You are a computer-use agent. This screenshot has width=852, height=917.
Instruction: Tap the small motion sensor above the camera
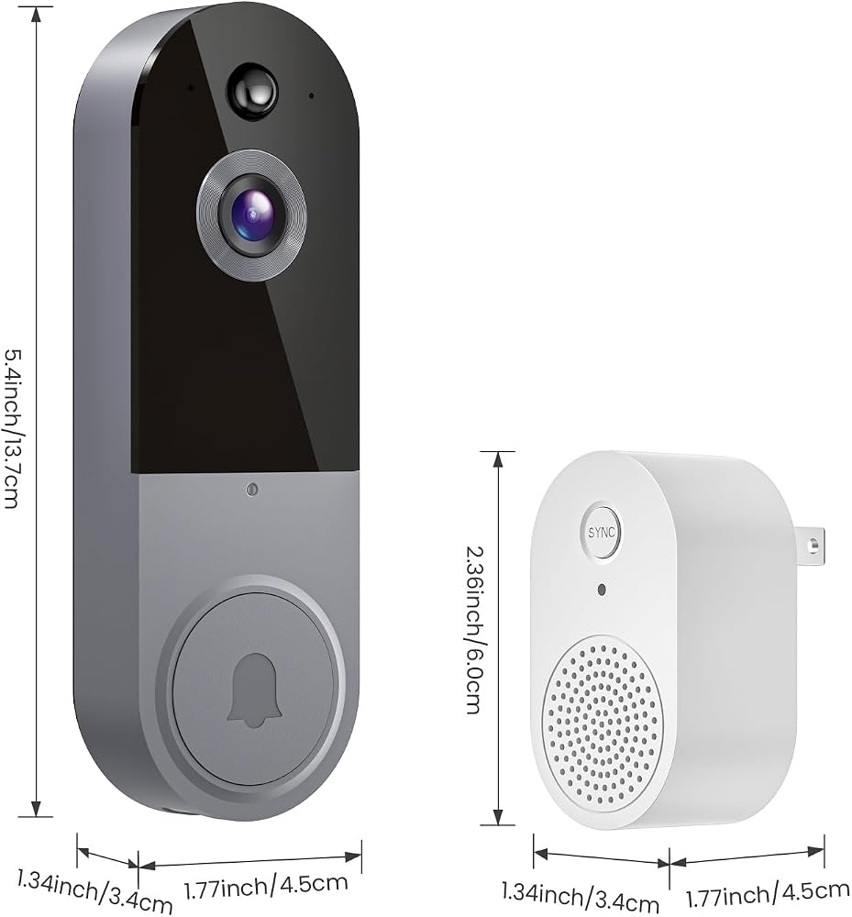(252, 92)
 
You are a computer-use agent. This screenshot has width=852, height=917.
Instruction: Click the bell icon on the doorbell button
(254, 691)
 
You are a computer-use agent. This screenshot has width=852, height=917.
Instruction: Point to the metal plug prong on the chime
(809, 547)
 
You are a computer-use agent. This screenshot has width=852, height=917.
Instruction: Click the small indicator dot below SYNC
(602, 589)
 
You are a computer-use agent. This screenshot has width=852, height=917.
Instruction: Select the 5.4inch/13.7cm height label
(13, 428)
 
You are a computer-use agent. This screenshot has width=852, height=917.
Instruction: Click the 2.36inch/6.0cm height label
(474, 630)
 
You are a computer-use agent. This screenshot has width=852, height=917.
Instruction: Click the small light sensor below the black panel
(252, 490)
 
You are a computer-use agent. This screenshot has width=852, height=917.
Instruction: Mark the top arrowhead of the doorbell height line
(37, 17)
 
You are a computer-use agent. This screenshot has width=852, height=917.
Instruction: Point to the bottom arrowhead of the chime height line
(498, 815)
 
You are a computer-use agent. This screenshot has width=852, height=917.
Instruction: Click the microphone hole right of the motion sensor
(312, 95)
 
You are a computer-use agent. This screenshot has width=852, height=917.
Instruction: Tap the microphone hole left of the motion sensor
(190, 88)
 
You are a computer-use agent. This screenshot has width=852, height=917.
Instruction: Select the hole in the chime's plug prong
(813, 546)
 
